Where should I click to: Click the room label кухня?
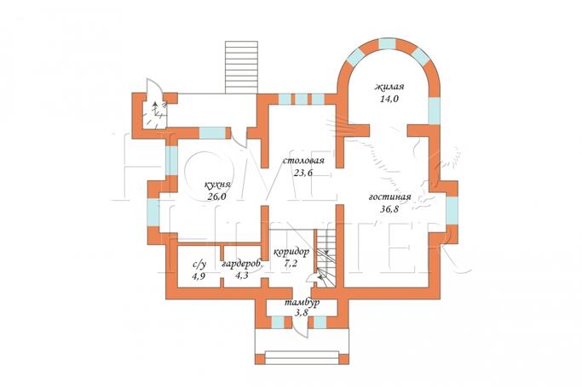pyautogui.click(x=218, y=185)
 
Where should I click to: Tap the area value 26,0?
pyautogui.click(x=217, y=196)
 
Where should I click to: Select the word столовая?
pyautogui.click(x=303, y=161)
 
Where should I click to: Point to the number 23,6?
pyautogui.click(x=303, y=173)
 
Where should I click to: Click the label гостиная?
pyautogui.click(x=389, y=196)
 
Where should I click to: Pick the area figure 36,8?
pyautogui.click(x=389, y=209)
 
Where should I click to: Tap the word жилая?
pyautogui.click(x=389, y=87)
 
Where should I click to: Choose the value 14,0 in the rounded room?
pyautogui.click(x=389, y=99)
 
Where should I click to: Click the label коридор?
pyautogui.click(x=291, y=253)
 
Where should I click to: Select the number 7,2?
pyautogui.click(x=291, y=264)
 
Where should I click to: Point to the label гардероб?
pyautogui.click(x=242, y=264)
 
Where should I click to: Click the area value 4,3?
pyautogui.click(x=242, y=276)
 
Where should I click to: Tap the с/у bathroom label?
pyautogui.click(x=199, y=265)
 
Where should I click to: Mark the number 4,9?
pyautogui.click(x=199, y=276)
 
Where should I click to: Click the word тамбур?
pyautogui.click(x=303, y=303)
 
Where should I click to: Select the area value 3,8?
pyautogui.click(x=302, y=313)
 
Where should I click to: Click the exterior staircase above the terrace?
pyautogui.click(x=241, y=67)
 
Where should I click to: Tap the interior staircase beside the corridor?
pyautogui.click(x=326, y=258)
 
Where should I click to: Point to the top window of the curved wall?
pyautogui.click(x=387, y=44)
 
